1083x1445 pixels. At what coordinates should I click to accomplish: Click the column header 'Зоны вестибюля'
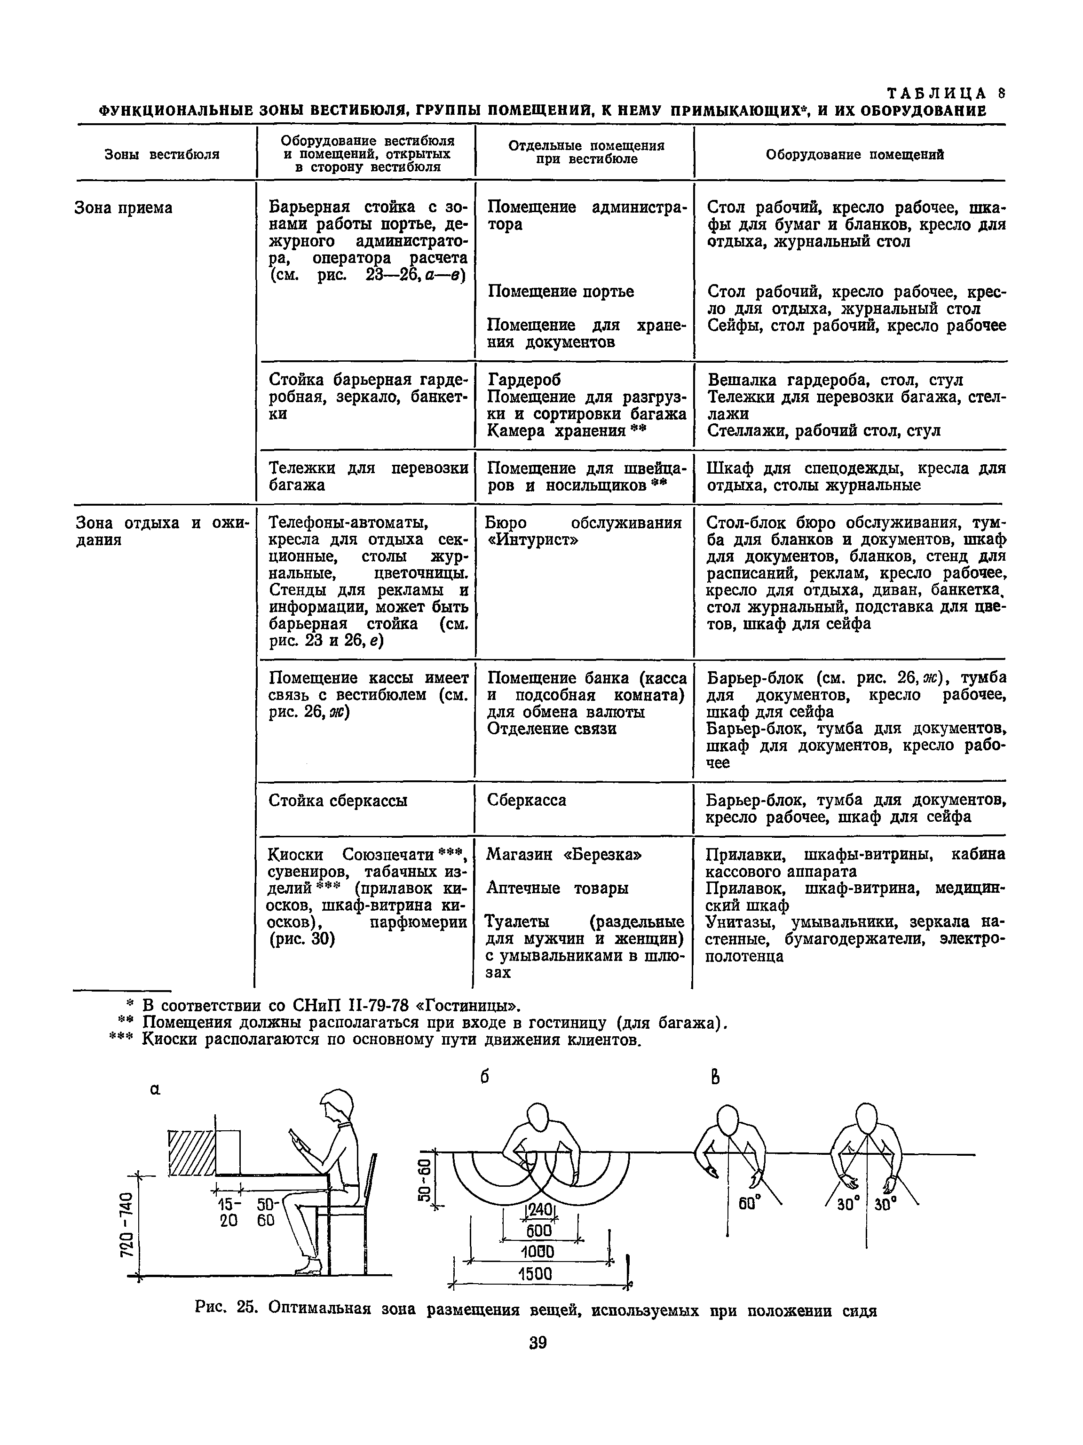point(162,155)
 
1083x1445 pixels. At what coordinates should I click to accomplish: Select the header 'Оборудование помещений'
point(854,155)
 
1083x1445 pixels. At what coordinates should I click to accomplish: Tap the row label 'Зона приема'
point(124,208)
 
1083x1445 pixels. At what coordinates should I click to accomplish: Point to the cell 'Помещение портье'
point(561,291)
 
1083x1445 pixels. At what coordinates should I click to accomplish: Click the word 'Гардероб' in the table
point(524,380)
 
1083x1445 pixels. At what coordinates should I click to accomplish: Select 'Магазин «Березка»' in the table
point(564,855)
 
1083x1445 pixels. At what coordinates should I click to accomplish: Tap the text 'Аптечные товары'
point(558,889)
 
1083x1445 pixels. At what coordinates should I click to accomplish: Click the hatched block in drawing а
point(191,1153)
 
